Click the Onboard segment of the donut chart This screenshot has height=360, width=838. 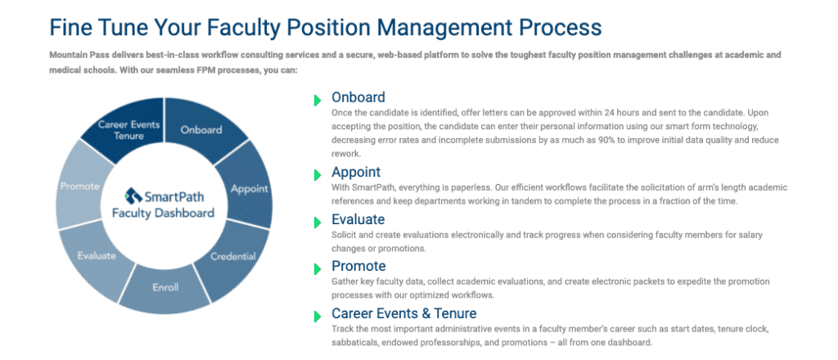[x=201, y=130]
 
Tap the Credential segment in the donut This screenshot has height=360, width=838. [x=233, y=256]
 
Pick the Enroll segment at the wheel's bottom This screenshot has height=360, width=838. [x=165, y=287]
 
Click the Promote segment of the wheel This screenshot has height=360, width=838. [x=79, y=186]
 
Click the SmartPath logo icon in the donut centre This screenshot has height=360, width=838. [x=132, y=195]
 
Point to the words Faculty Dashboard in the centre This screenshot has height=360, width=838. [x=163, y=213]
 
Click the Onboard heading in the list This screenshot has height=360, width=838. [x=358, y=97]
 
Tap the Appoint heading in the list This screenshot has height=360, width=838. [x=356, y=173]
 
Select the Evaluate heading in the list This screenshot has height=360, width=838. [x=358, y=219]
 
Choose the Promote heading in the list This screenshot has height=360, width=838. [x=358, y=266]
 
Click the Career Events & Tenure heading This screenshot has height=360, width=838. [x=404, y=313]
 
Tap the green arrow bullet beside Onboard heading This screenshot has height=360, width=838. [x=318, y=100]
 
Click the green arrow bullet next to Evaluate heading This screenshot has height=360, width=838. [x=318, y=223]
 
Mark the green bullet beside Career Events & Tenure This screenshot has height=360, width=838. [x=318, y=316]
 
